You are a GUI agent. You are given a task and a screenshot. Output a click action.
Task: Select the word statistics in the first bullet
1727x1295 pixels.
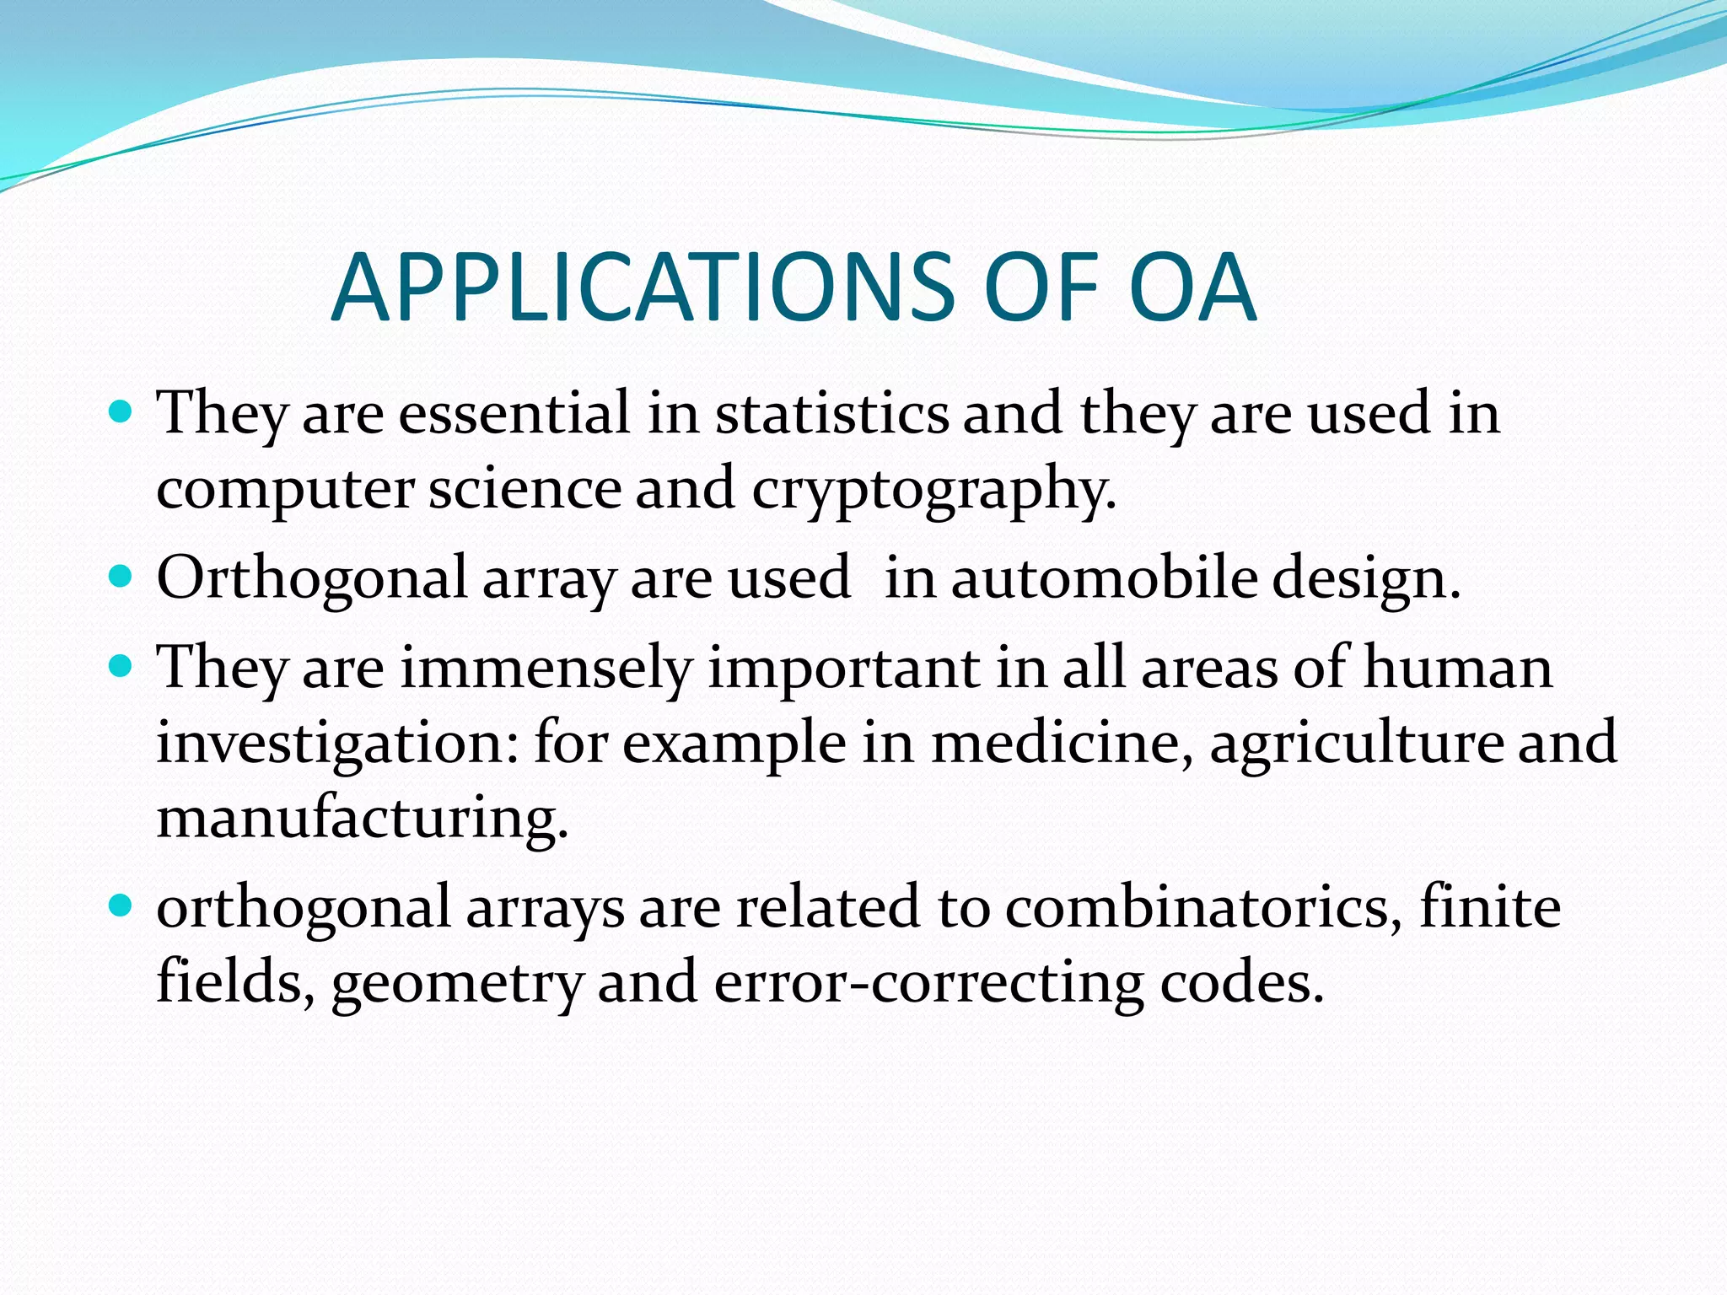coord(831,414)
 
